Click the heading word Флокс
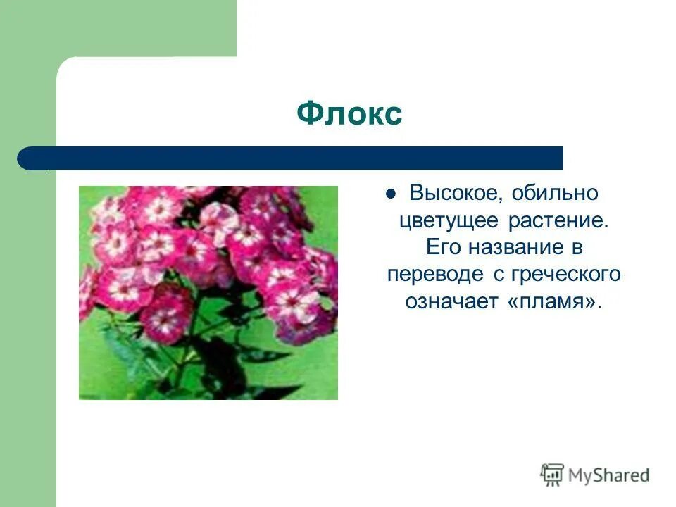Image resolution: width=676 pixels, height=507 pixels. point(349,113)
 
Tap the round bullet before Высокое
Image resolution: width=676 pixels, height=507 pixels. point(392,193)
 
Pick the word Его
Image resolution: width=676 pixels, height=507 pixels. point(442,247)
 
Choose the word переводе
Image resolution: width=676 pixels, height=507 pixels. point(430,274)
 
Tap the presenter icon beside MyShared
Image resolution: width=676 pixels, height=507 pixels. point(553,475)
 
